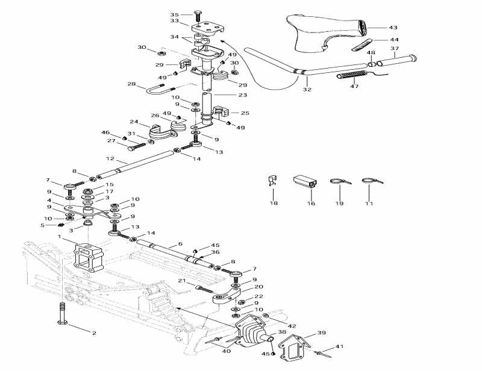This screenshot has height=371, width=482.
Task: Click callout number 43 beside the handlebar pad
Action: click(393, 28)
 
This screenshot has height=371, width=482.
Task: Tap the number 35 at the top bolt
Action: click(174, 14)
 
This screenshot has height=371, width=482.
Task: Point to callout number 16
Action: click(311, 204)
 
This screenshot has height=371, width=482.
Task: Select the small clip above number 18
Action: click(272, 180)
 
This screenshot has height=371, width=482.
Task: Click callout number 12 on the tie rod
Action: click(110, 160)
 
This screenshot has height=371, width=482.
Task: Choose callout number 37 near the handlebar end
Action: click(395, 48)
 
